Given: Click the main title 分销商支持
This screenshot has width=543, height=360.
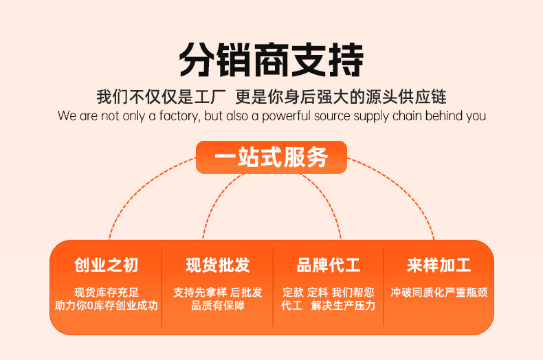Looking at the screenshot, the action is point(271,60).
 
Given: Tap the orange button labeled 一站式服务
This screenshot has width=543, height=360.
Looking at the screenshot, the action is point(271,157).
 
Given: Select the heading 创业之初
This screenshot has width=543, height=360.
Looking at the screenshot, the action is point(107,265).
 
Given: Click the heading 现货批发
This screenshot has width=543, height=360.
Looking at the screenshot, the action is point(217,265).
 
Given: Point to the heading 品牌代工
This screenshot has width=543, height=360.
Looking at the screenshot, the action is point(328,265).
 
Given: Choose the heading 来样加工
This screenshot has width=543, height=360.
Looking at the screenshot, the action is point(439,265).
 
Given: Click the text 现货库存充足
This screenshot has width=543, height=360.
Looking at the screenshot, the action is point(107,292).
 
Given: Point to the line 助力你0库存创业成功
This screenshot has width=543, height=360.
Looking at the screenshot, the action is point(107,305).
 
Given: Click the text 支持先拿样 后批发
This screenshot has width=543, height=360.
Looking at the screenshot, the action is point(217,292).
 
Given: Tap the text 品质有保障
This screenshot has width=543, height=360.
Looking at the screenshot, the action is point(217,305).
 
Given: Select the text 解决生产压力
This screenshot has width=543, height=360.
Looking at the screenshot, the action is point(343,305).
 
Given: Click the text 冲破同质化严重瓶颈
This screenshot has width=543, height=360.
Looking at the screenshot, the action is point(439,292).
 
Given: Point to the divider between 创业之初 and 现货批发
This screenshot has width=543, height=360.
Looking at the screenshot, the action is point(162,287).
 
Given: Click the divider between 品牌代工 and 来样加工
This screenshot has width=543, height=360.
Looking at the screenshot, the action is point(384,287).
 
